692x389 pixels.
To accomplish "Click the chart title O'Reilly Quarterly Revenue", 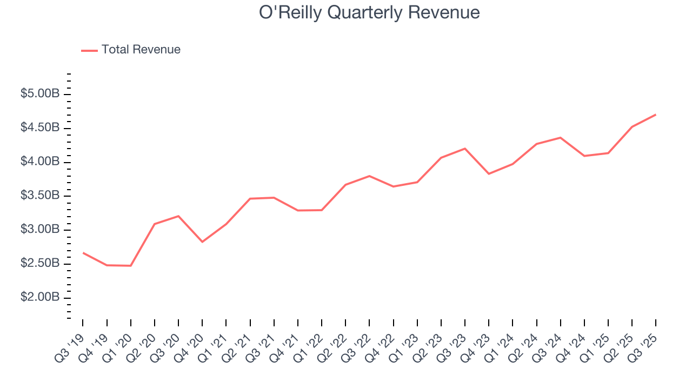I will pyautogui.click(x=369, y=12).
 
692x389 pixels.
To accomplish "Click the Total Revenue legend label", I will pyautogui.click(x=141, y=50).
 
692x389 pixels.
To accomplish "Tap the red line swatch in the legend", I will pyautogui.click(x=89, y=50).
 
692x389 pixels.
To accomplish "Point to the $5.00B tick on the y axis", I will pyautogui.click(x=40, y=94).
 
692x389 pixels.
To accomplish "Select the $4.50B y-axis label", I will pyautogui.click(x=40, y=128).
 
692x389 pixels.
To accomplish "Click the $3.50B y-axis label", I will pyautogui.click(x=40, y=196).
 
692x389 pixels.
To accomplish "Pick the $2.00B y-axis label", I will pyautogui.click(x=40, y=298).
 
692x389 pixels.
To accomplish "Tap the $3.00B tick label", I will pyautogui.click(x=40, y=230).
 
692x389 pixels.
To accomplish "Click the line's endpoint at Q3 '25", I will pyautogui.click(x=656, y=115).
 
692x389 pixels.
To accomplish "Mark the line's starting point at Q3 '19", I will pyautogui.click(x=83, y=252).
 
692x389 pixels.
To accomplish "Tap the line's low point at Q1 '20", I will pyautogui.click(x=131, y=265).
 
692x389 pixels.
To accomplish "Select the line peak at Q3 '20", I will pyautogui.click(x=178, y=216).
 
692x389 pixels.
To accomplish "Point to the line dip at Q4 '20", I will pyautogui.click(x=202, y=242).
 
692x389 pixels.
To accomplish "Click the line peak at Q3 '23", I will pyautogui.click(x=465, y=149).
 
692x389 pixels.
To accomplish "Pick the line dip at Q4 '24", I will pyautogui.click(x=584, y=156).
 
